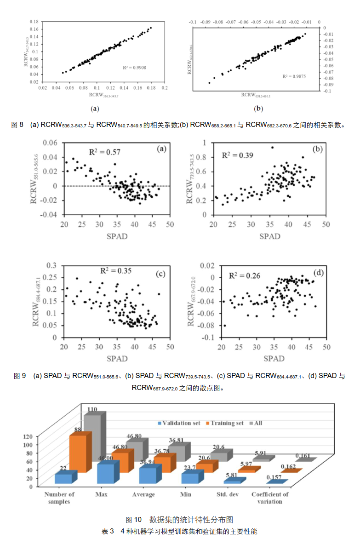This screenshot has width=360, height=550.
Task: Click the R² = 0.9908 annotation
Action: click(x=134, y=68)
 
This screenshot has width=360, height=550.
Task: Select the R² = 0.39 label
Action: click(x=237, y=155)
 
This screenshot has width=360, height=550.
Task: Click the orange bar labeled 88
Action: click(x=77, y=453)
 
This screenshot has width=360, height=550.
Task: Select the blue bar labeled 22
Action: click(x=63, y=478)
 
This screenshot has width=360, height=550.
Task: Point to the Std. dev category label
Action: click(x=227, y=494)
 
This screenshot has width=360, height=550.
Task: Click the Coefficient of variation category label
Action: click(x=270, y=498)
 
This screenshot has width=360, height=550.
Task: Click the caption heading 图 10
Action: click(x=134, y=520)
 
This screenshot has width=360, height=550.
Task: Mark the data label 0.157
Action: click(x=274, y=477)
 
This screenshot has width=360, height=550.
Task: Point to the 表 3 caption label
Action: click(x=108, y=531)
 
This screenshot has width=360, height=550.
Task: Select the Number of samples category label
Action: click(x=59, y=498)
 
